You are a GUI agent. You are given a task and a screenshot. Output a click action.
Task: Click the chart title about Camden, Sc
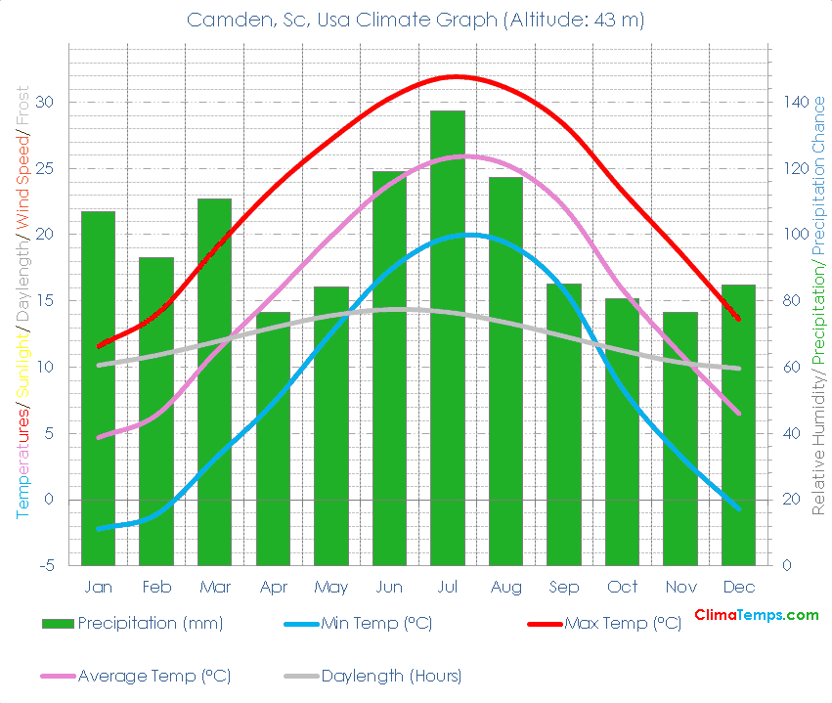click(416, 21)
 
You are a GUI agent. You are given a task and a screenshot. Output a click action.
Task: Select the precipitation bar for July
click(448, 337)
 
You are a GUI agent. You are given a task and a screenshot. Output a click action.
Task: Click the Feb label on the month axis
click(156, 588)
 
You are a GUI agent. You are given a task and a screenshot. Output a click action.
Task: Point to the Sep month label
click(564, 588)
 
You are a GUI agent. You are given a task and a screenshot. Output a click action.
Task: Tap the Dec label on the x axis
click(738, 588)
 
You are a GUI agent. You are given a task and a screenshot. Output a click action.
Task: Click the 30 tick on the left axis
click(46, 102)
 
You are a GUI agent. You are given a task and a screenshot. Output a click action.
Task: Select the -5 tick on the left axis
click(46, 566)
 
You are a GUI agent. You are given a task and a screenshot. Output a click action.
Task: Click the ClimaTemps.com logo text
click(756, 615)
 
